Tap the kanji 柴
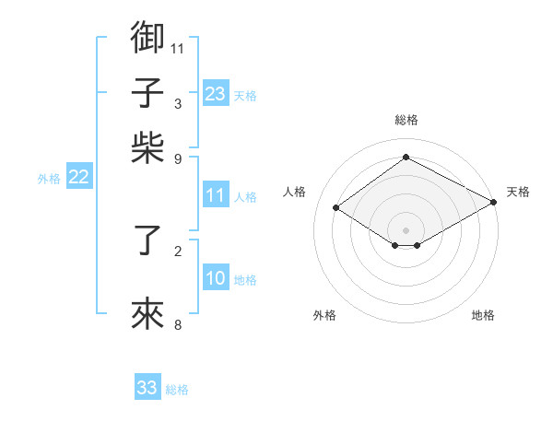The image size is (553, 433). (148, 148)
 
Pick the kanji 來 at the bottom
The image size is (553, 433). (148, 314)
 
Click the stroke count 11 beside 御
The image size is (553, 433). (178, 47)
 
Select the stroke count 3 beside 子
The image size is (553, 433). (178, 103)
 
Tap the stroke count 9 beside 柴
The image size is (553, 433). (178, 158)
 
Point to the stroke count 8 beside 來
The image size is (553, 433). (178, 324)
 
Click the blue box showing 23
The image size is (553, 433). (216, 94)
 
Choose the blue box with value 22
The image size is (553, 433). (78, 178)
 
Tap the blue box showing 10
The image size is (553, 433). (216, 279)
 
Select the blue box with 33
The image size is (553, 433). (147, 388)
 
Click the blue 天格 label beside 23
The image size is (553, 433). (245, 96)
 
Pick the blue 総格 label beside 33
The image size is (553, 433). (177, 390)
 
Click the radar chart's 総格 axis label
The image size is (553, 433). (406, 120)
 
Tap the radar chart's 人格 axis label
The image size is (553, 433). (295, 192)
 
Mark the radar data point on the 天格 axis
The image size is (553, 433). (494, 204)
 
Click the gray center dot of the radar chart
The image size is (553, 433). (406, 230)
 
